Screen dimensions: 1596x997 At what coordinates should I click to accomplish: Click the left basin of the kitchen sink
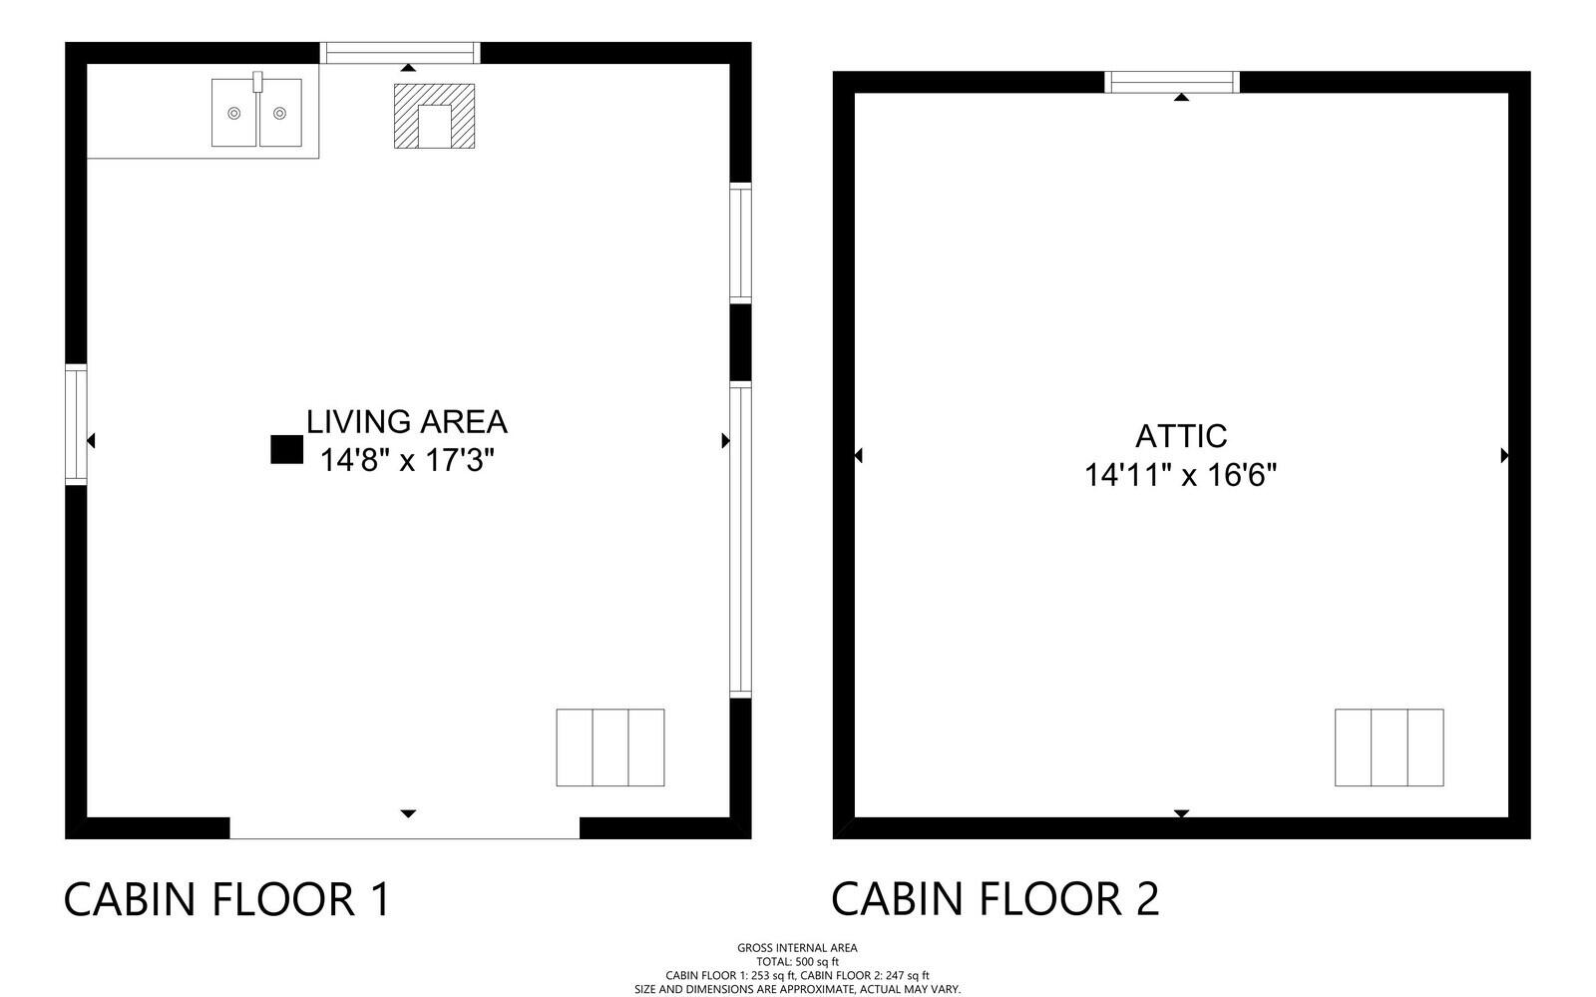(x=233, y=113)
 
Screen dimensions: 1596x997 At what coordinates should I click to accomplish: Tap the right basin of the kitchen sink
(x=280, y=113)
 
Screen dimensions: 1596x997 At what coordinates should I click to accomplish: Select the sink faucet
(x=257, y=81)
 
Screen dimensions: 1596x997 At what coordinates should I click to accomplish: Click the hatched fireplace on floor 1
(x=435, y=116)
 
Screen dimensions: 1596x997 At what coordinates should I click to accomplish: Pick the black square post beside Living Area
(x=287, y=450)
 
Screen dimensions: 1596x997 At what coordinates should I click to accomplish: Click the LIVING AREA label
(x=407, y=422)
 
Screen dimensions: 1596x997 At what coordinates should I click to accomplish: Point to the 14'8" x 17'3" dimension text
(x=407, y=460)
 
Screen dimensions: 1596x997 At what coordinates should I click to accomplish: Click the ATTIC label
(x=1181, y=436)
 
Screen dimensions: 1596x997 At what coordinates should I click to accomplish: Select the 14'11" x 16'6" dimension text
(x=1181, y=475)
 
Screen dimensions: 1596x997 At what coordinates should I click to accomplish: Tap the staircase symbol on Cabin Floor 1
(x=610, y=748)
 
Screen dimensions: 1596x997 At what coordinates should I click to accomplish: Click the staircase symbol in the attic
(x=1390, y=748)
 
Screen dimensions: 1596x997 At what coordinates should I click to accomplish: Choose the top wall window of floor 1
(x=400, y=53)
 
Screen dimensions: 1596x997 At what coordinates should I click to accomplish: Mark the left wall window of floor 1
(x=76, y=425)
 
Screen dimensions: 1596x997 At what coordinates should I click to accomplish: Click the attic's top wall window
(x=1172, y=82)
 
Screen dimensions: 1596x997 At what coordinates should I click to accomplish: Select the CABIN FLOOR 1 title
(x=227, y=899)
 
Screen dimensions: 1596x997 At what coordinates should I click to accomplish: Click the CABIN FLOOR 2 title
(x=995, y=899)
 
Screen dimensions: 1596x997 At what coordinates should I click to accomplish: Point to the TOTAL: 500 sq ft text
(x=797, y=962)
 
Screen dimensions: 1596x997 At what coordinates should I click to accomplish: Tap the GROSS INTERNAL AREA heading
(x=797, y=948)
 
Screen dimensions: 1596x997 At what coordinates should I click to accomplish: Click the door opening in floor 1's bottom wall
(x=405, y=828)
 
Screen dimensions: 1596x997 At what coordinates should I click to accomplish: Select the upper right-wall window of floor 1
(x=741, y=244)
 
